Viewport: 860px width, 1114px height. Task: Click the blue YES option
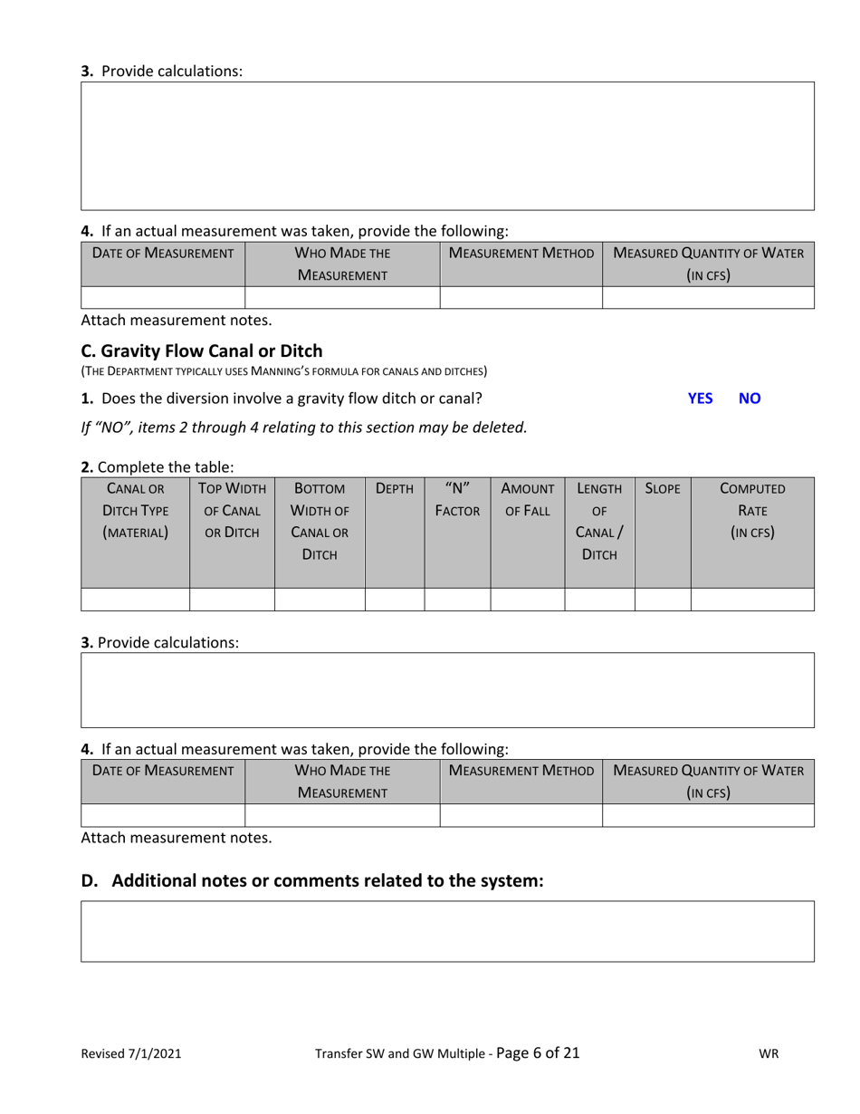coord(700,398)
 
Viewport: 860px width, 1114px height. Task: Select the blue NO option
coord(750,398)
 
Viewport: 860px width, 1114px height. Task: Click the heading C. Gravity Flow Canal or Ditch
coord(201,351)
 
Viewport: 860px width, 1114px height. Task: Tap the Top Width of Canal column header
coord(232,511)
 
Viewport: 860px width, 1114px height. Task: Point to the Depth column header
coord(394,488)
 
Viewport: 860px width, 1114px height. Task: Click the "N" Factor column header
coord(457,499)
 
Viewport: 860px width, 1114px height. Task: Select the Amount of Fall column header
coord(528,499)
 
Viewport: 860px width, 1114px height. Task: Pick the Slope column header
coord(662,488)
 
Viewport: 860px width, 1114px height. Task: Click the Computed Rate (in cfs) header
coord(752,511)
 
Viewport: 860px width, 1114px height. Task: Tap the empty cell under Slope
coord(663,600)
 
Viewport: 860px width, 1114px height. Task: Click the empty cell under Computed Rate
coord(752,600)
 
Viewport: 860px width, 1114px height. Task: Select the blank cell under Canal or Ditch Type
coord(135,600)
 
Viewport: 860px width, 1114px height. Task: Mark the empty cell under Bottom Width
coord(320,600)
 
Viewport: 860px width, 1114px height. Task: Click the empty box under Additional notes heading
coord(447,930)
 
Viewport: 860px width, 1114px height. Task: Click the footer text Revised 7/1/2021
coord(131,1053)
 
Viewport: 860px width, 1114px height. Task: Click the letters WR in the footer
coord(769,1053)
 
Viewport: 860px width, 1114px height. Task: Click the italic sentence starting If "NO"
coord(303,427)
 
